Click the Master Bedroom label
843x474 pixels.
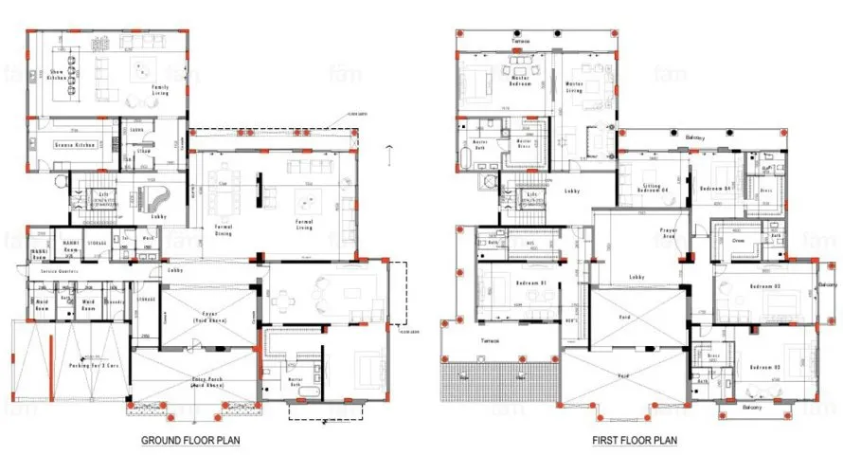coord(519,82)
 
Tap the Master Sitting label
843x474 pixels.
coord(574,87)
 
